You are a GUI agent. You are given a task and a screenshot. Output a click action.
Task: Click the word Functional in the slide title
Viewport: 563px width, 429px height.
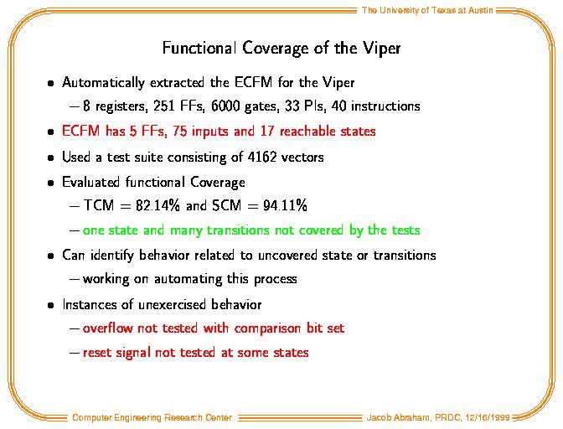click(x=199, y=48)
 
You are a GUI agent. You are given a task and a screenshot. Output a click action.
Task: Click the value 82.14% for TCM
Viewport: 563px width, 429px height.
click(x=158, y=205)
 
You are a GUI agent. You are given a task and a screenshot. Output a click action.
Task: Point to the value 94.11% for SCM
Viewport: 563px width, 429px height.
click(x=285, y=205)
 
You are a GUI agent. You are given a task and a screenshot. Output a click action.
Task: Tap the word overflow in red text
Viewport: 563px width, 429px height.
click(x=107, y=328)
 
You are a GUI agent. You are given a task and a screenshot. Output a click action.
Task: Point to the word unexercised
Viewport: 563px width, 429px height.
click(x=172, y=304)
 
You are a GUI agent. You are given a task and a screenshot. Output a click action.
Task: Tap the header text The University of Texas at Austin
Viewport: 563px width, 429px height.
click(x=427, y=10)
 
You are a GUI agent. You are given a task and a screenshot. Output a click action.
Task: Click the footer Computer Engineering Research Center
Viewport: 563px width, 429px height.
click(x=152, y=417)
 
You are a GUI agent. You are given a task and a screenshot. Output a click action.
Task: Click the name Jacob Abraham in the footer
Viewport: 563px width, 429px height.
click(x=398, y=417)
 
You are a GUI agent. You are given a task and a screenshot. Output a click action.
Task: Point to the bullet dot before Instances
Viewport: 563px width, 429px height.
click(x=51, y=306)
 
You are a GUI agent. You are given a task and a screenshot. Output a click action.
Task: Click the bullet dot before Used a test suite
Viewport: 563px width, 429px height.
click(x=51, y=158)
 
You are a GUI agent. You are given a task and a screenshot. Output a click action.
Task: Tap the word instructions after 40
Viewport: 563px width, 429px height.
click(x=385, y=106)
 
